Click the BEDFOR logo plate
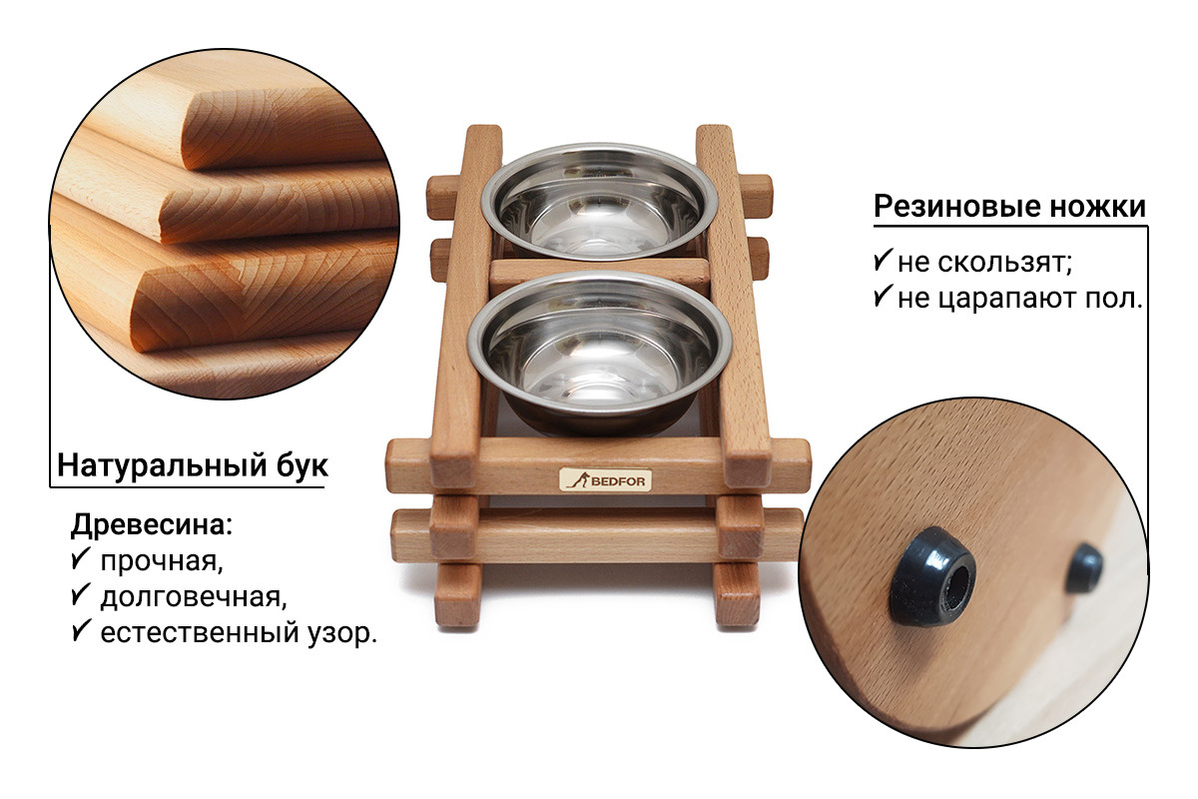pyautogui.click(x=605, y=479)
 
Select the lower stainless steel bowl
pyautogui.click(x=600, y=353)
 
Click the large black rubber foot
pyautogui.click(x=932, y=576)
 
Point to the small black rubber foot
pyautogui.click(x=1083, y=568)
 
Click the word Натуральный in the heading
pyautogui.click(x=162, y=465)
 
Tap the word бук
pyautogui.click(x=301, y=464)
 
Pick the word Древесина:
pyautogui.click(x=152, y=524)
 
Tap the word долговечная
pyautogui.click(x=194, y=597)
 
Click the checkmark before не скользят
pyautogui.click(x=883, y=260)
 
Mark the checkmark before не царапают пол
pyautogui.click(x=883, y=296)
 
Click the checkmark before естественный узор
pyautogui.click(x=80, y=630)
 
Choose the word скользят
pyautogui.click(x=1005, y=263)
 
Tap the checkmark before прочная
pyautogui.click(x=80, y=558)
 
